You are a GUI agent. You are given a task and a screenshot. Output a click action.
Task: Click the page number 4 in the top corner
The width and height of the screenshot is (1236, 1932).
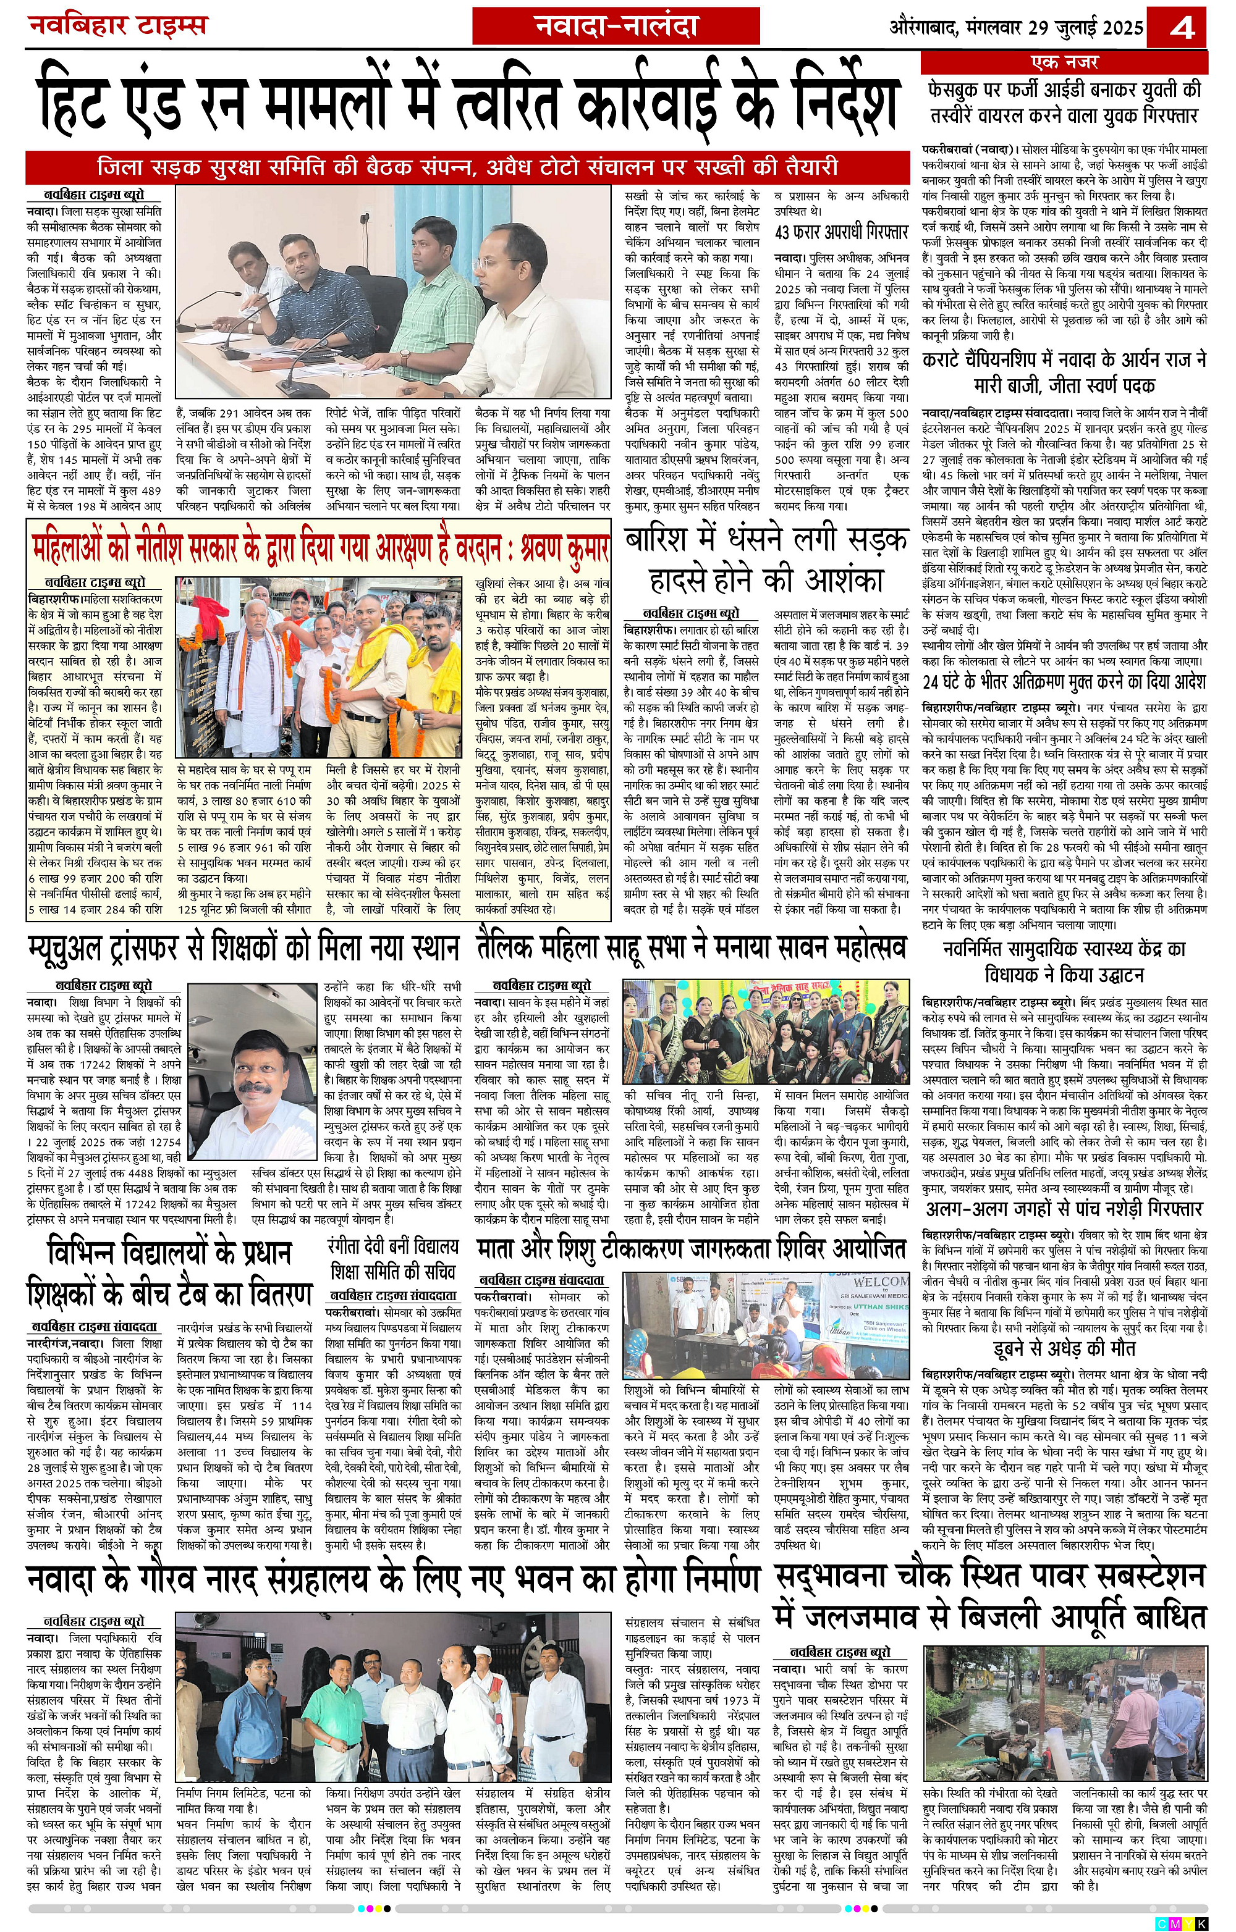point(1182,29)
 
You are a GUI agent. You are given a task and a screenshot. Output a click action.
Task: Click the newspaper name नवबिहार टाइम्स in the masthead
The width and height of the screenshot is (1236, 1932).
point(118,26)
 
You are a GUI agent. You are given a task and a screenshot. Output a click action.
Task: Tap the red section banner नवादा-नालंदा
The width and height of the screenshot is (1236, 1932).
point(616,27)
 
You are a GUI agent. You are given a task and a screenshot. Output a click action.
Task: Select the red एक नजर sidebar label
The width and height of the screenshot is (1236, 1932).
point(1064,62)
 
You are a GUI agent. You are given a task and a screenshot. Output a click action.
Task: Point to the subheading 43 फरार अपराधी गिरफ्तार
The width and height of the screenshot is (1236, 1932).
point(840,233)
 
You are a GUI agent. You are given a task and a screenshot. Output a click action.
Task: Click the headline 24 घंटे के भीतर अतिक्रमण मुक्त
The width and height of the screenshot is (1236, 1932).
point(1064,681)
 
